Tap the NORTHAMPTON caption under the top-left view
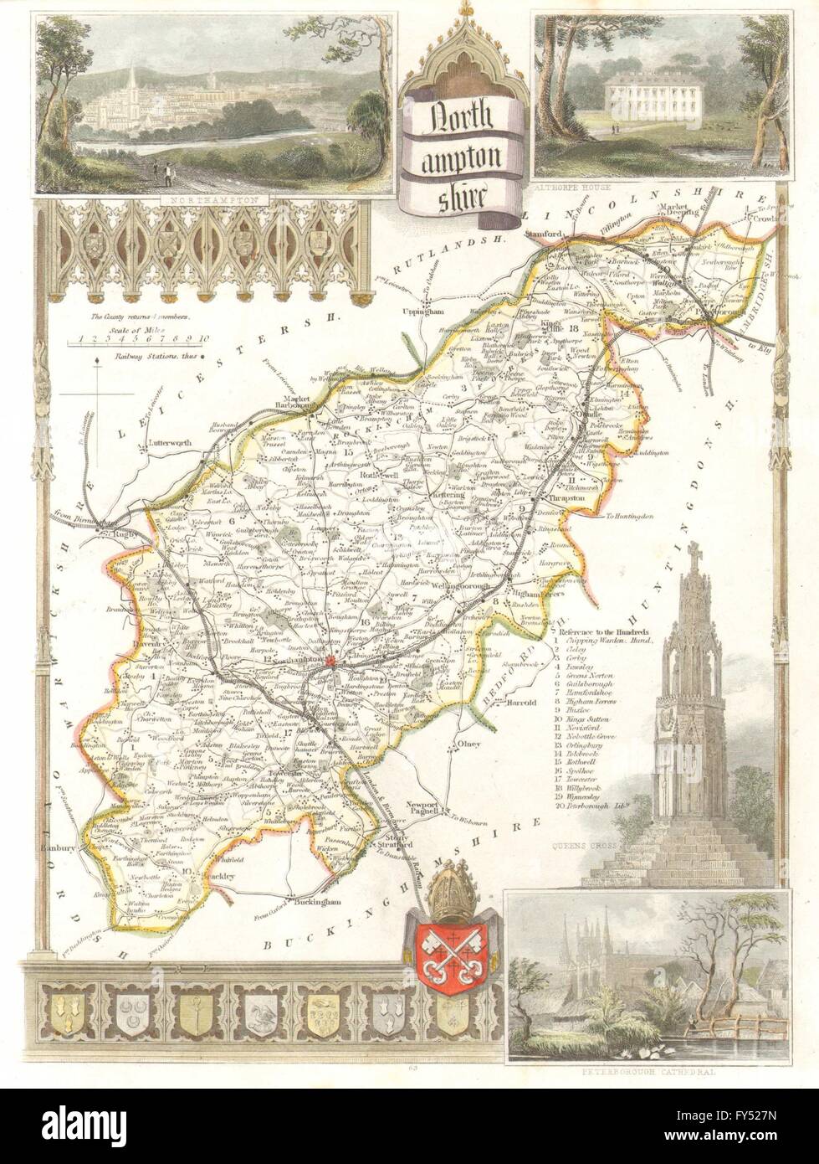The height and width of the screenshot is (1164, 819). click(x=200, y=201)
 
